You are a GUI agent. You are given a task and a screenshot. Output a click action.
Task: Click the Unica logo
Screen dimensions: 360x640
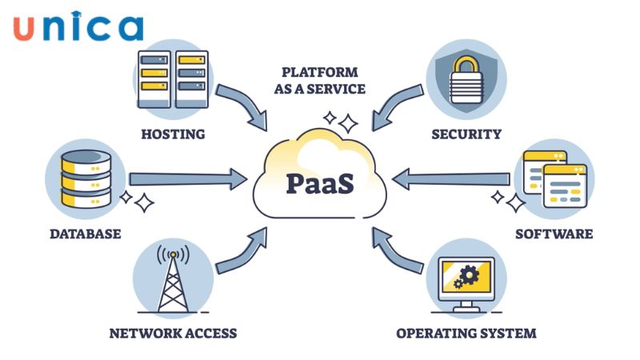coord(78,26)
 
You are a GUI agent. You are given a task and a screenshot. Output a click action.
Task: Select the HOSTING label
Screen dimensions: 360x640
coord(173,134)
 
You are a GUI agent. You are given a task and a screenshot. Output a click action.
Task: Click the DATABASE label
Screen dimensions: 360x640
coord(85,234)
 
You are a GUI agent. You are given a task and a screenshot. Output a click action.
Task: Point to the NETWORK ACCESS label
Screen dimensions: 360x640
coord(173,332)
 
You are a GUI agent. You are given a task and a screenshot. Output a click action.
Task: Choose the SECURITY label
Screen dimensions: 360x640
coord(466,134)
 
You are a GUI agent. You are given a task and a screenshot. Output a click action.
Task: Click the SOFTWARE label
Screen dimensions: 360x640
coord(554,234)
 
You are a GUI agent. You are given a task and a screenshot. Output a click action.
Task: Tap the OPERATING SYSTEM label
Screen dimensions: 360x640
coord(466,332)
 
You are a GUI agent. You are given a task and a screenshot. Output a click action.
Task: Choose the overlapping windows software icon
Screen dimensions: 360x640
coord(554,178)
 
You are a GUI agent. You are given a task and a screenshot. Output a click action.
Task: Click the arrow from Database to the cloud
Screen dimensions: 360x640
coord(188,178)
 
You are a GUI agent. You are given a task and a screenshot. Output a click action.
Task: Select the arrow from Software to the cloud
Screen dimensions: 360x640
coord(452,178)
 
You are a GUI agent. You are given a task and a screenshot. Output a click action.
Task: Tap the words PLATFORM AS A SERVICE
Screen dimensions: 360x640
coord(319,80)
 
